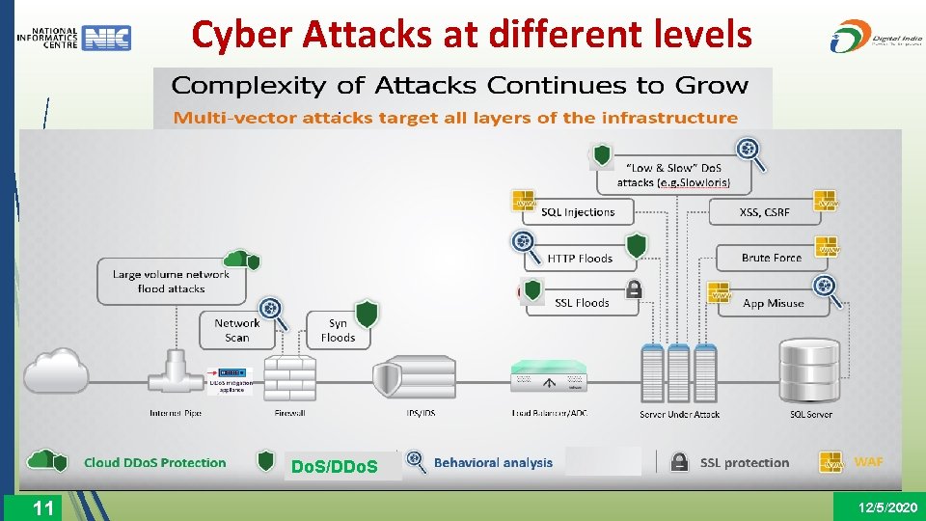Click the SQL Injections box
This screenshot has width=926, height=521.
577,212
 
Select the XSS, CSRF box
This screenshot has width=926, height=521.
764,212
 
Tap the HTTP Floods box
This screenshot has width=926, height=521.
580,258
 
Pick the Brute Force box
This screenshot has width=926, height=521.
772,258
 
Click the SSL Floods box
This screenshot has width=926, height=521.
582,303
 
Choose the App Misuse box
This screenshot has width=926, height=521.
773,303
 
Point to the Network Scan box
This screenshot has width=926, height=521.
236,330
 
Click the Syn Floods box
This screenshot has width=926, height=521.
338,330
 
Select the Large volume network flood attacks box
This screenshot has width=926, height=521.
171,281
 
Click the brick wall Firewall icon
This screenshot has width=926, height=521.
288,378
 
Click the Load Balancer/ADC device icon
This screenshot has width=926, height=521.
549,377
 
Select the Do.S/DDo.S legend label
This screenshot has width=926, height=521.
334,468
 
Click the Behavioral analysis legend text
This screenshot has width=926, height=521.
493,462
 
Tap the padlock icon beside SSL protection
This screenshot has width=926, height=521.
679,462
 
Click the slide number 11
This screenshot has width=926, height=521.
42,507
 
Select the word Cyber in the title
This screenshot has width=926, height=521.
241,35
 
